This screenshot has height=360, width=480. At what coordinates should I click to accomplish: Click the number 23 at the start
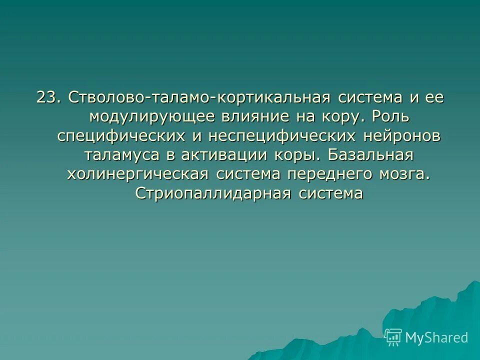tap(48, 97)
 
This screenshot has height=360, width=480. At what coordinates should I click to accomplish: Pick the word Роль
tap(393, 116)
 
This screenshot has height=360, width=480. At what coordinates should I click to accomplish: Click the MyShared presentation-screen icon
tap(393, 337)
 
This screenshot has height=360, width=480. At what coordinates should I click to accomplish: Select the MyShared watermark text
tap(436, 338)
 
